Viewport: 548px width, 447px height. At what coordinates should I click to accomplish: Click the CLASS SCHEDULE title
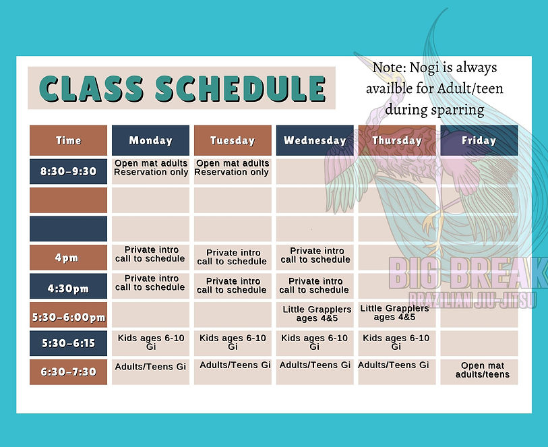[x=181, y=88]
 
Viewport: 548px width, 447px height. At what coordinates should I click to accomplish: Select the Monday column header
[x=150, y=141]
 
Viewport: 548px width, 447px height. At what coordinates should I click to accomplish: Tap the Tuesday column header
[x=233, y=141]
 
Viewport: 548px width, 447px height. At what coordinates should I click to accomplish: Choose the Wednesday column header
[x=315, y=141]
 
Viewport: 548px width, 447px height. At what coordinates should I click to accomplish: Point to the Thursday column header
[x=397, y=141]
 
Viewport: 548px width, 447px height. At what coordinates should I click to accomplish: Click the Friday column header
[x=479, y=141]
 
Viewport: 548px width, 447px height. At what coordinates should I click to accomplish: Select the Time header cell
[x=68, y=141]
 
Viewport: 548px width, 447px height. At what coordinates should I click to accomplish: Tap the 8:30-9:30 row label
[x=68, y=172]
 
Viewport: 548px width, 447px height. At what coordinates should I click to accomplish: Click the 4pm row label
[x=68, y=258]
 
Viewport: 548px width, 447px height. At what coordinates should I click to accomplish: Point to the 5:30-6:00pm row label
[x=68, y=315]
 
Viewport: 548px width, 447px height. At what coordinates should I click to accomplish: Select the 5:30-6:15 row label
[x=68, y=343]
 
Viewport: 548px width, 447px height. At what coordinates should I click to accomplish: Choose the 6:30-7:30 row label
[x=68, y=372]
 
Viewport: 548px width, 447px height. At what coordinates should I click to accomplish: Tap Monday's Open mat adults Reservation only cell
[x=151, y=168]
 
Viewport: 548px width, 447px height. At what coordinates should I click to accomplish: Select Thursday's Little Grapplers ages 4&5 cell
[x=395, y=313]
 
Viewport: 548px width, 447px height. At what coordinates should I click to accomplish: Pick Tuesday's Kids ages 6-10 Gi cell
[x=233, y=342]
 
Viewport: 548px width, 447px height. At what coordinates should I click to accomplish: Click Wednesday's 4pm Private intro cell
[x=315, y=256]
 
